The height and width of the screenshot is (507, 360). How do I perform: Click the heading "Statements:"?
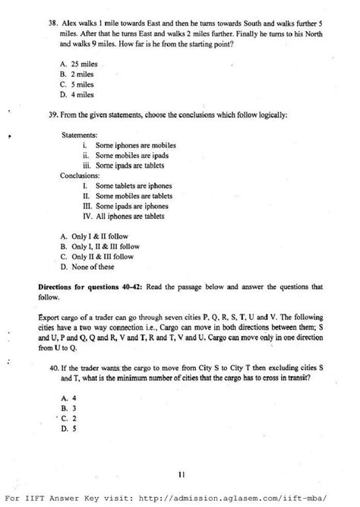[80, 135]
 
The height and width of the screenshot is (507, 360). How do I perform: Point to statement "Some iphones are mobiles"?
[135, 145]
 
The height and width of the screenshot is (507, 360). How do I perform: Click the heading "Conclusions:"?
[80, 176]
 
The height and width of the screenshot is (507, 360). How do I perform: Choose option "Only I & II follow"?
[92, 236]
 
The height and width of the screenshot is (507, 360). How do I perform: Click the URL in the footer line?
[238, 498]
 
